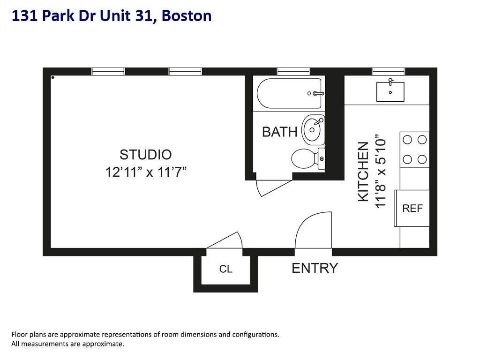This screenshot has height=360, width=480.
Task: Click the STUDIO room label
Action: click(145, 154)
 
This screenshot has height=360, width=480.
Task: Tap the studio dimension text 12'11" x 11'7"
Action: click(146, 172)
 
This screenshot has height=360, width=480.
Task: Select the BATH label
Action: click(279, 132)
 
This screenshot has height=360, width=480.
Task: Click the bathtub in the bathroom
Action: click(289, 94)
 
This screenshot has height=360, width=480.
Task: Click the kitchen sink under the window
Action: click(390, 91)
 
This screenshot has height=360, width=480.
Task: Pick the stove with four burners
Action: click(415, 150)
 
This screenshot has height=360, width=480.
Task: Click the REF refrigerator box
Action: click(412, 208)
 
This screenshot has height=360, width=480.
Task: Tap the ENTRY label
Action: click(315, 268)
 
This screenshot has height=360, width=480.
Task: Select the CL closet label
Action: click(226, 269)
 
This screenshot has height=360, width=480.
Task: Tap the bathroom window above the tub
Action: click(293, 71)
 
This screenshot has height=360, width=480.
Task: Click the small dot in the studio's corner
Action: click(53, 77)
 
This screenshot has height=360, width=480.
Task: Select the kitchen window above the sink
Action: click(389, 71)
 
